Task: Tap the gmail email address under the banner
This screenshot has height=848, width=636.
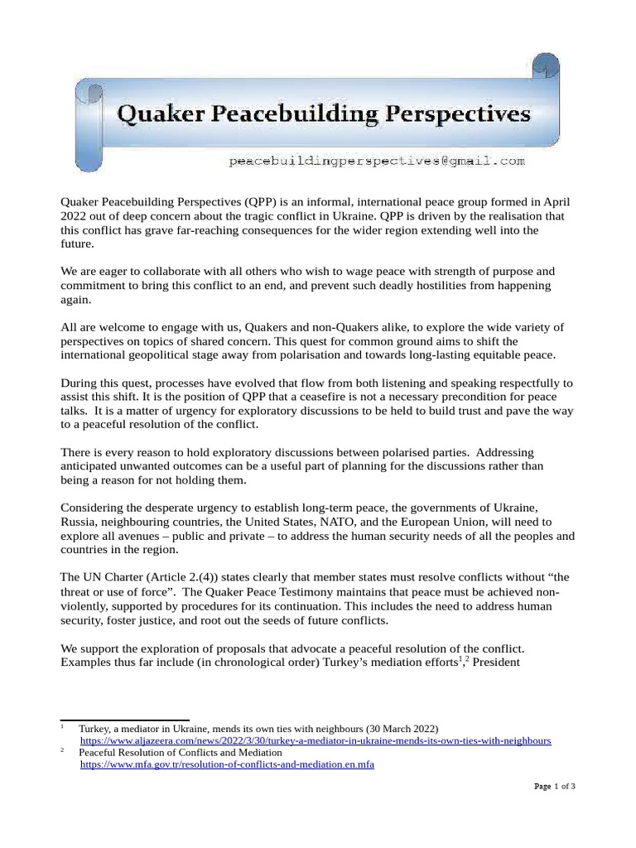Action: [377, 161]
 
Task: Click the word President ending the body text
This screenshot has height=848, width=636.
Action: [496, 662]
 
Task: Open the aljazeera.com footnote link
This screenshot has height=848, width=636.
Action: [315, 740]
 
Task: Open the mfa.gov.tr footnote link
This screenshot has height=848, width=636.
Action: [226, 765]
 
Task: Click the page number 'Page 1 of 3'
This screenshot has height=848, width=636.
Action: [554, 787]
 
